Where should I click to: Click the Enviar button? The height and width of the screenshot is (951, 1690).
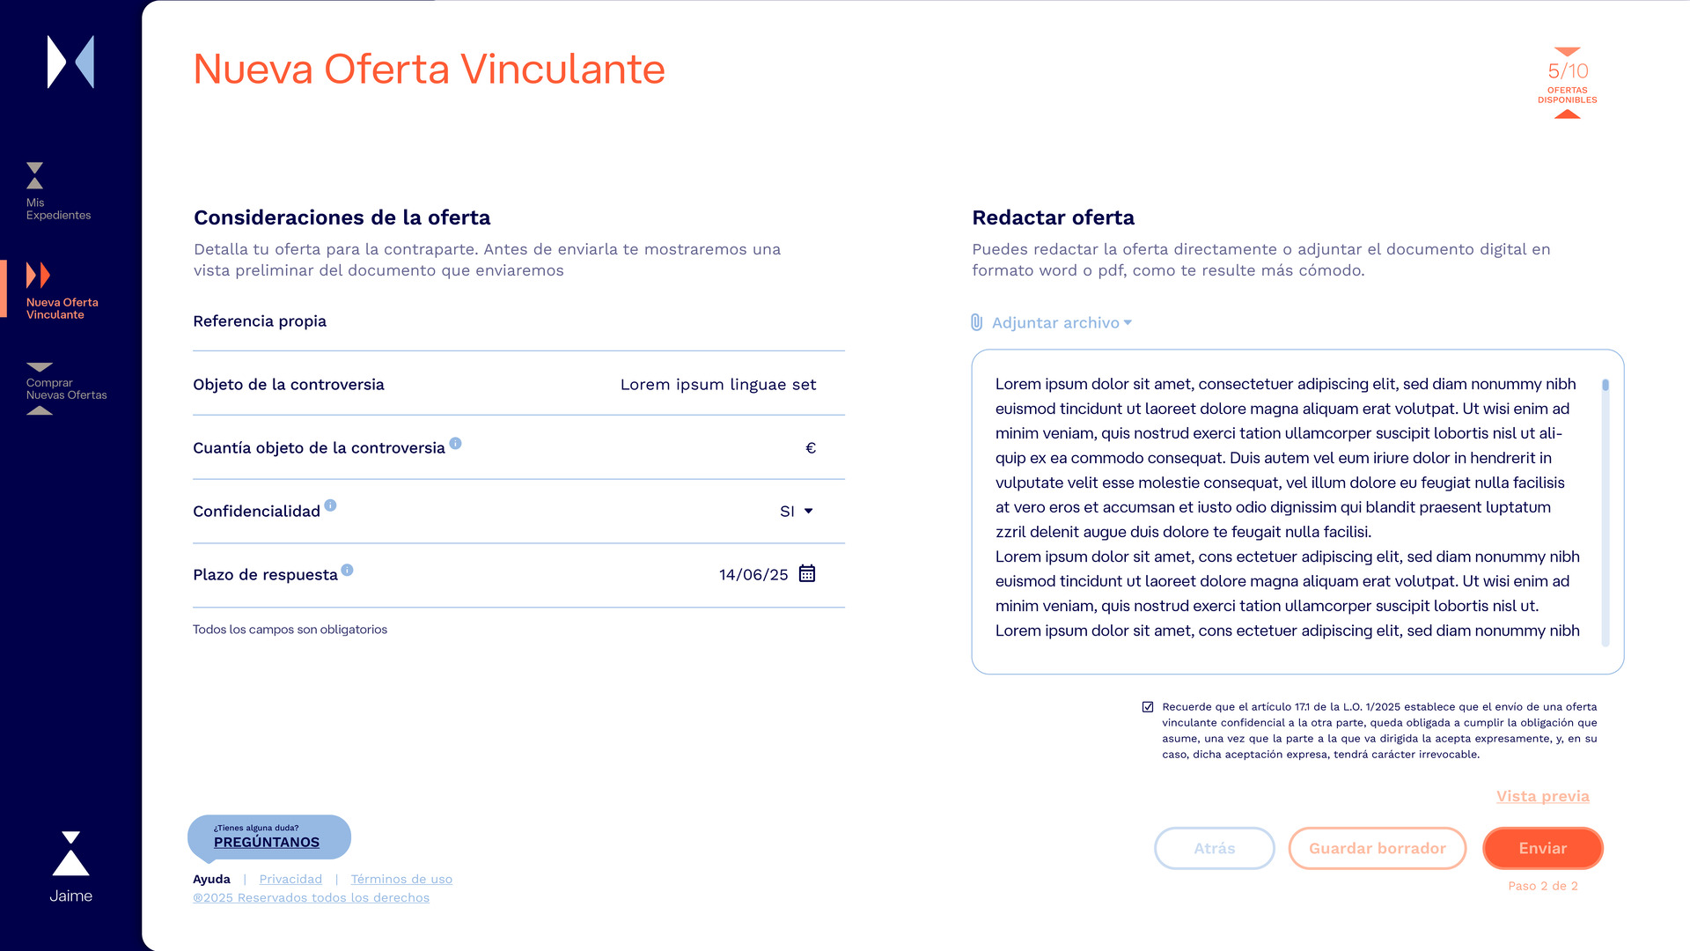pyautogui.click(x=1542, y=848)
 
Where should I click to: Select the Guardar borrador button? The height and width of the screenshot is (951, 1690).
pyautogui.click(x=1377, y=848)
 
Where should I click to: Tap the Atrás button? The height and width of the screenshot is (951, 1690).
pyautogui.click(x=1214, y=848)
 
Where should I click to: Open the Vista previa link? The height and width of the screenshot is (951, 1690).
pyautogui.click(x=1542, y=796)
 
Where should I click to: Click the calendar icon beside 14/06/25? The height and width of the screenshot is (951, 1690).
pyautogui.click(x=806, y=574)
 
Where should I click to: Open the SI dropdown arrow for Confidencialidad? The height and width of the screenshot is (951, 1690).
pyautogui.click(x=808, y=511)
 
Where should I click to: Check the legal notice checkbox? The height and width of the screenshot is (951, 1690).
pyautogui.click(x=1148, y=707)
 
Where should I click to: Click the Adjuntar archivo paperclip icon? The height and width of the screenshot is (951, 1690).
pyautogui.click(x=976, y=322)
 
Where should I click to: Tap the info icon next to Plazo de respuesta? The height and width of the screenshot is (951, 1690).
pyautogui.click(x=347, y=570)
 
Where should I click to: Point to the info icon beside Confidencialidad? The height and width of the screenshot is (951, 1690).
pyautogui.click(x=330, y=505)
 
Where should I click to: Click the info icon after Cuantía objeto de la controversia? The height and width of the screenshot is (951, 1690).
pyautogui.click(x=455, y=443)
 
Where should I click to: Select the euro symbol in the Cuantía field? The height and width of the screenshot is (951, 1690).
pyautogui.click(x=811, y=448)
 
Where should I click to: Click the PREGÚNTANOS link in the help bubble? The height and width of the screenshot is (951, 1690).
pyautogui.click(x=267, y=842)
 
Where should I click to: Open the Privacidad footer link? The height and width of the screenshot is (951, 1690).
pyautogui.click(x=290, y=879)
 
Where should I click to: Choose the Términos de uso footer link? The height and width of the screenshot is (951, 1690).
pyautogui.click(x=401, y=879)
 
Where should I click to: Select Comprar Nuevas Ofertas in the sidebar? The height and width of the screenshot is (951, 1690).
pyautogui.click(x=65, y=388)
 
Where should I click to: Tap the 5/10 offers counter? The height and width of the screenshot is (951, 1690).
pyautogui.click(x=1568, y=72)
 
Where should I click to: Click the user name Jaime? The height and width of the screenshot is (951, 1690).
pyautogui.click(x=70, y=896)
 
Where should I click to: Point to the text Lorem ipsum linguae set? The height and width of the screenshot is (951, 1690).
pyautogui.click(x=718, y=385)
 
